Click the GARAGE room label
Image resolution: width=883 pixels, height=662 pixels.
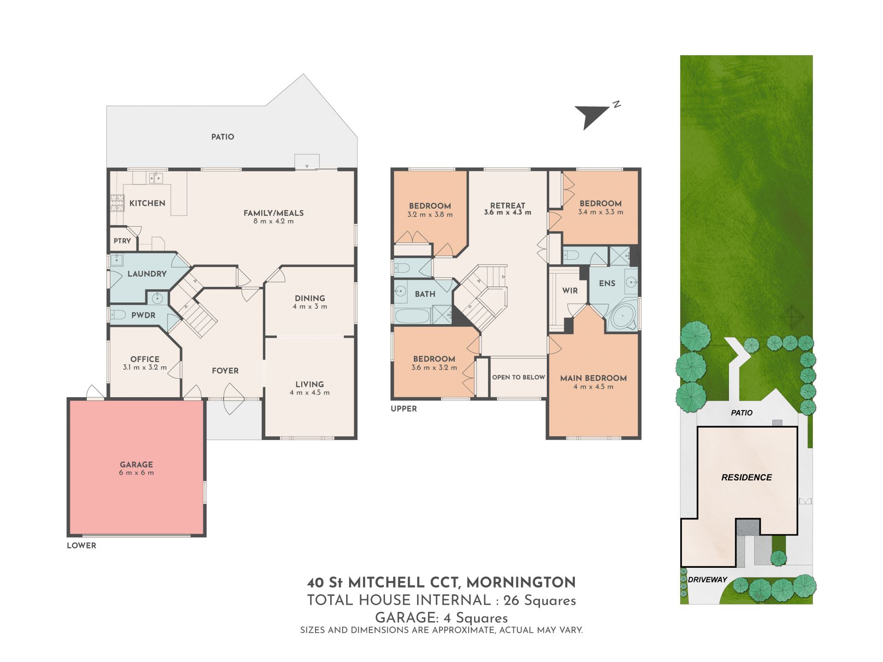(136, 464)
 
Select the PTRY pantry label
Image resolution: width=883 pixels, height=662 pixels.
(122, 241)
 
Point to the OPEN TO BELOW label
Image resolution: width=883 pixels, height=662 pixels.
(519, 377)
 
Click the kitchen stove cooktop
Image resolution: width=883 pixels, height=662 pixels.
(117, 203)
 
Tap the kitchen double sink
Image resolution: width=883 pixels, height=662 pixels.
(155, 177)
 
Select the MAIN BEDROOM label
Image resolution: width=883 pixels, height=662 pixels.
(593, 378)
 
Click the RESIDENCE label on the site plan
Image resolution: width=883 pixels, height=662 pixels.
(746, 478)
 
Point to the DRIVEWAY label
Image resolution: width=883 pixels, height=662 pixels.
(707, 580)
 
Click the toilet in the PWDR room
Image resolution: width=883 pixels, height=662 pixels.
(118, 315)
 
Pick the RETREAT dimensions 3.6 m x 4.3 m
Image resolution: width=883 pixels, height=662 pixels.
(507, 213)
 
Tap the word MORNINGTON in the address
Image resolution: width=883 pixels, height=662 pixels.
(521, 582)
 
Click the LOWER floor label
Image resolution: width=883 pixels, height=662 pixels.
(81, 546)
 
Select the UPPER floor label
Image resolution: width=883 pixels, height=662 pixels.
(404, 409)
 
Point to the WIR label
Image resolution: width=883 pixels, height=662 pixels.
(570, 291)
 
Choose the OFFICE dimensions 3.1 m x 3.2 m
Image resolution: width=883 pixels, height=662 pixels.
(144, 368)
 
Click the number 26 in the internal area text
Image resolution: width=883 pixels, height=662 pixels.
(511, 600)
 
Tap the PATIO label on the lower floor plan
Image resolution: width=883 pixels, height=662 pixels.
(223, 137)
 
